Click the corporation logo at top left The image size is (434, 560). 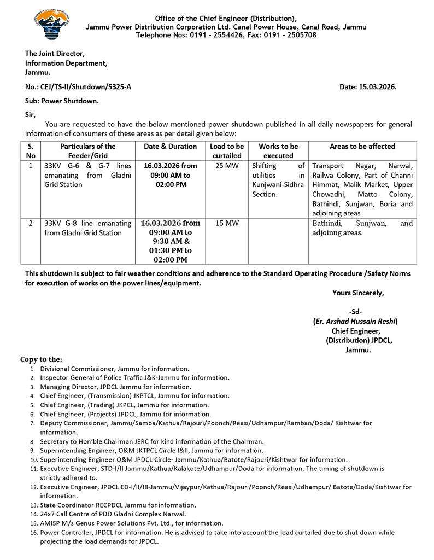[x=52, y=26]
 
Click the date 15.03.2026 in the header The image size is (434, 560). [x=378, y=87]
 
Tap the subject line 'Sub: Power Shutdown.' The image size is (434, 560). [x=62, y=101]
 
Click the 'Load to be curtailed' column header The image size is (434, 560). [x=227, y=151]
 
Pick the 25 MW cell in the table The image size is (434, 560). [x=226, y=166]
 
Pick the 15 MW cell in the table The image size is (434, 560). [x=226, y=223]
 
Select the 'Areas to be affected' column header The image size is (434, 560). [x=362, y=147]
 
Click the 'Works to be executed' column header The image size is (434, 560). [x=278, y=151]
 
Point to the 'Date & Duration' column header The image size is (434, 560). [x=170, y=147]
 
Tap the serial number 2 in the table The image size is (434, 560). [x=31, y=223]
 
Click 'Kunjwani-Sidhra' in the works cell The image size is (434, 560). [x=278, y=185]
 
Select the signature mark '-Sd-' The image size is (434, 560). [x=355, y=312]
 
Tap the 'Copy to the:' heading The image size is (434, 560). [x=41, y=359]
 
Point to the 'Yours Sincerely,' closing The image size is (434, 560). [x=358, y=293]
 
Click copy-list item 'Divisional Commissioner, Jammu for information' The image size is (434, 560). [x=115, y=369]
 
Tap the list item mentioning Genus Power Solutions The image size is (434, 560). [x=132, y=523]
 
